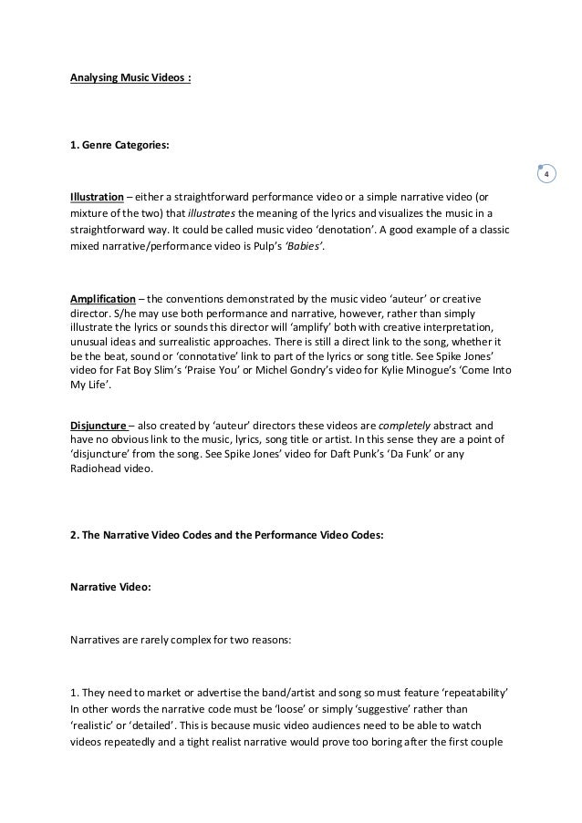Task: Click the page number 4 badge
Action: point(546,174)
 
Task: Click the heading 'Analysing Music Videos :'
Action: point(131,77)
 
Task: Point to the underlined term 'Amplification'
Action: point(102,299)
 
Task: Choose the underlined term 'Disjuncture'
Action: point(99,425)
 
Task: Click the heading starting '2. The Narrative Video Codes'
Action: point(227,536)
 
